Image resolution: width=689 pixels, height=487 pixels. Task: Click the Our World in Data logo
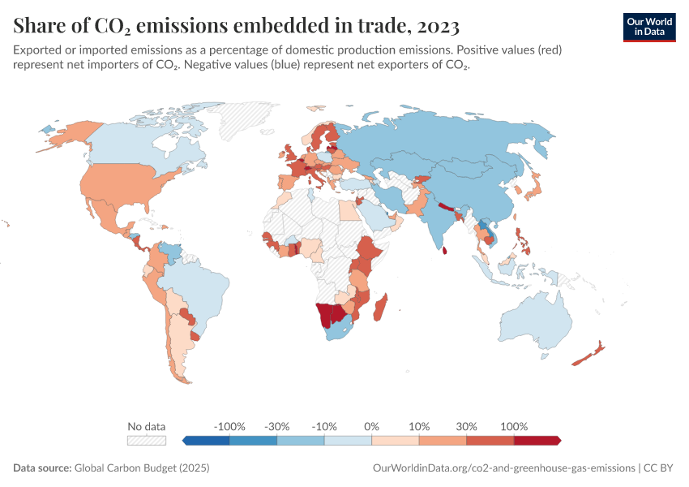coord(648,26)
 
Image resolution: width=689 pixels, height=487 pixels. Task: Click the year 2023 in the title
coord(436,26)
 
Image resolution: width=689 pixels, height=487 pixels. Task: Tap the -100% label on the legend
coord(229,426)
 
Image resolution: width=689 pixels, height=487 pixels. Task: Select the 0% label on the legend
coord(371,426)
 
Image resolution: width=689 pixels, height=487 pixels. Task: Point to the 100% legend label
coord(514,426)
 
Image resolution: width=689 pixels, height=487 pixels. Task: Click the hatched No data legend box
coord(147,440)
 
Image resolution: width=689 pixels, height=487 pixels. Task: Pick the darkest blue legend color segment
coord(207,440)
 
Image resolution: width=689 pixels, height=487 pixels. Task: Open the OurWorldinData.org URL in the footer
coord(503,468)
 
